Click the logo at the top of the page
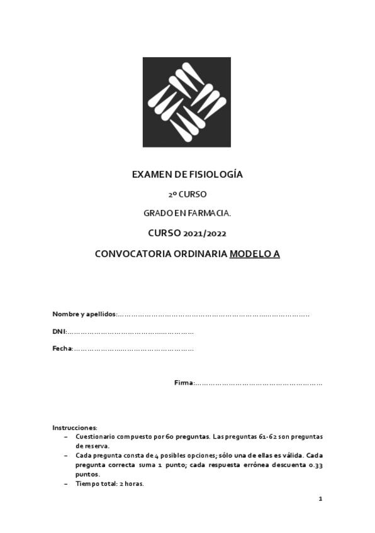point(187,102)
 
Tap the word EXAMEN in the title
point(150,175)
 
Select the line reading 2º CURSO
point(187,194)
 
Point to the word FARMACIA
point(211,214)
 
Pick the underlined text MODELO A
point(255,255)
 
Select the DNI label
point(59,331)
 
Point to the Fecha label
point(62,348)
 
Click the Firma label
point(184,383)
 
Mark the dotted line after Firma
point(258,383)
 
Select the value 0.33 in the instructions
point(315,465)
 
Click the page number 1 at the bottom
point(320,499)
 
